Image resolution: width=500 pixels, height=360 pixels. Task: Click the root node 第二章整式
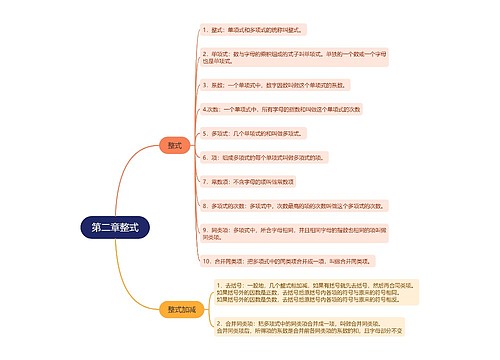coord(115,227)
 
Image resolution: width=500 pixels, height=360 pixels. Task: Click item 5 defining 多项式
coord(259,132)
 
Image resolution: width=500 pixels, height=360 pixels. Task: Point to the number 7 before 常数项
coord(203,181)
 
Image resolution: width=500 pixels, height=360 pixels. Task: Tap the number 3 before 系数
coord(203,86)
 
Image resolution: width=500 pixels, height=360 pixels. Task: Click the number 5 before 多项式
coord(203,132)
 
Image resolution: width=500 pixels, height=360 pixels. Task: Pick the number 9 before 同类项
coord(203,230)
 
